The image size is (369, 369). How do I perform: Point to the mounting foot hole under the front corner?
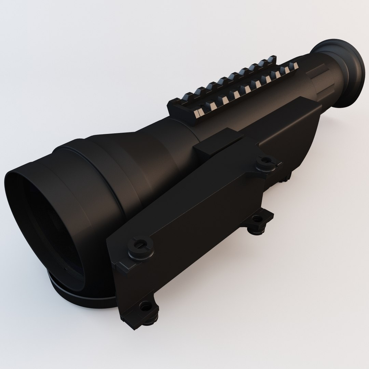click(146, 306)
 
